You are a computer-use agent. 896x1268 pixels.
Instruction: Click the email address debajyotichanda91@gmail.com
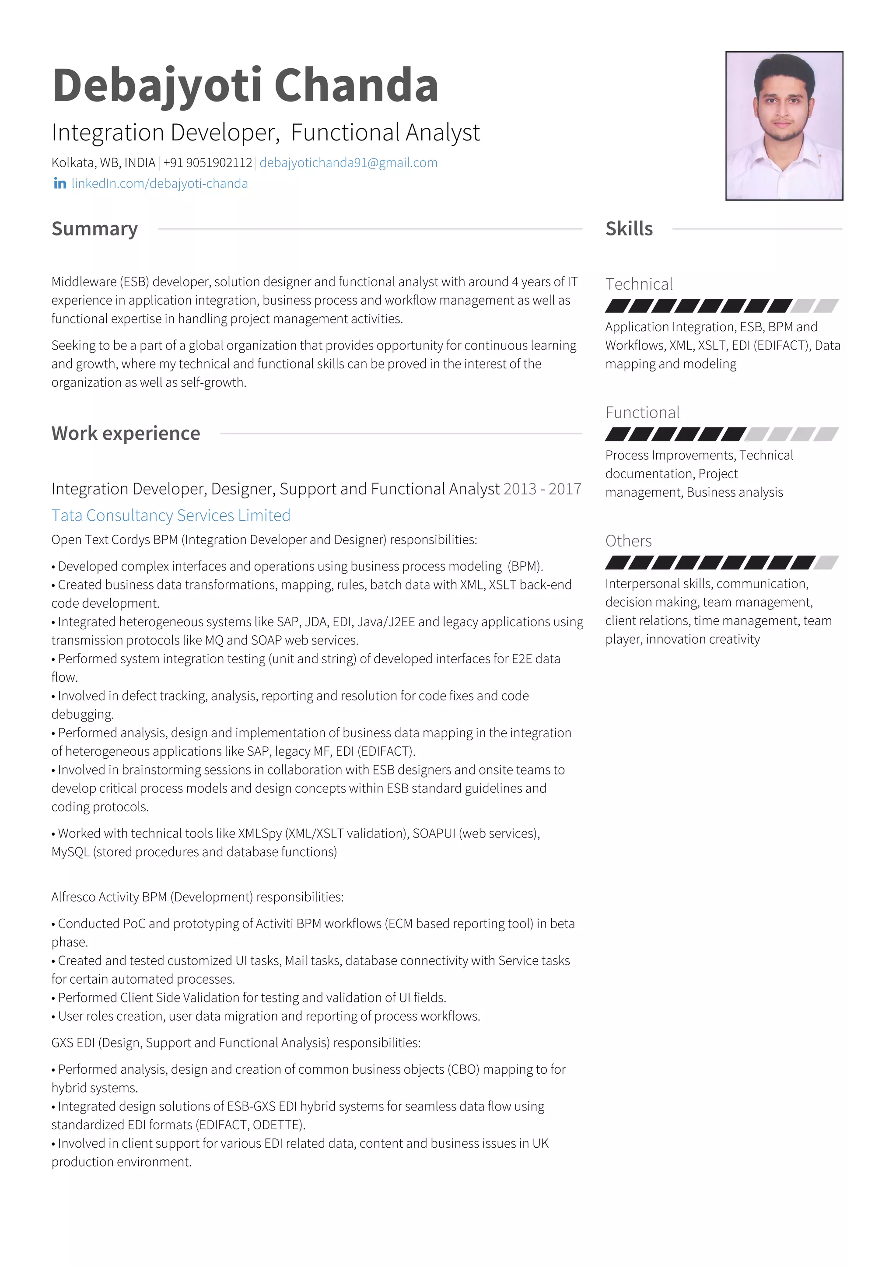(x=348, y=163)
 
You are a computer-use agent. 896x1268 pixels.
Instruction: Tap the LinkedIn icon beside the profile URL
(x=59, y=183)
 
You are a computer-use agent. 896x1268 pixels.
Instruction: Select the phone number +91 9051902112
(x=207, y=163)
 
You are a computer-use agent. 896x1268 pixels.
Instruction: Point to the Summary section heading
(x=94, y=229)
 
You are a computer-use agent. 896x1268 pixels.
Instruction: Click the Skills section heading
(x=629, y=229)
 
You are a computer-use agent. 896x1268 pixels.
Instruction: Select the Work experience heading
(x=126, y=434)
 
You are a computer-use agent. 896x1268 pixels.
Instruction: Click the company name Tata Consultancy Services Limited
(x=171, y=515)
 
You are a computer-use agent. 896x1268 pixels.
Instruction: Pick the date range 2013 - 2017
(x=542, y=489)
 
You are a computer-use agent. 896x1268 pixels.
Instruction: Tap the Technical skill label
(x=639, y=284)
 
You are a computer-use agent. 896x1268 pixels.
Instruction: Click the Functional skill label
(x=642, y=413)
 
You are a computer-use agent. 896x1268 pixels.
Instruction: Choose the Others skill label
(x=628, y=541)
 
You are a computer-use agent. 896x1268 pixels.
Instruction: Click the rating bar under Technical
(x=721, y=305)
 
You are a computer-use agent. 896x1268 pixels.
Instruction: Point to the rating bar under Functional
(x=721, y=434)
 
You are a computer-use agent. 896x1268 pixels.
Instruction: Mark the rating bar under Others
(x=721, y=562)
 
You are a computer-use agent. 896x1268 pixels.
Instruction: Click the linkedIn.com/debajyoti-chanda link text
(x=160, y=183)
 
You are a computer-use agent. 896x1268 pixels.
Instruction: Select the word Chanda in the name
(x=356, y=86)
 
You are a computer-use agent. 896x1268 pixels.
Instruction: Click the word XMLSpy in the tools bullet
(x=259, y=834)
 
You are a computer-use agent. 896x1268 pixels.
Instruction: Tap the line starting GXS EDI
(x=236, y=1043)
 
